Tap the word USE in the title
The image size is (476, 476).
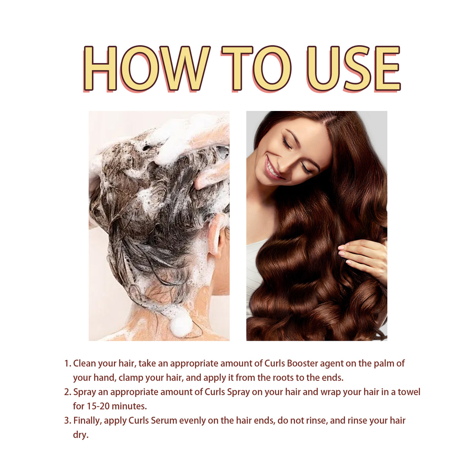pyautogui.click(x=353, y=68)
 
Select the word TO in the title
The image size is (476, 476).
pyautogui.click(x=256, y=68)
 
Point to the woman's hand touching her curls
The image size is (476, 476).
pyautogui.click(x=363, y=257)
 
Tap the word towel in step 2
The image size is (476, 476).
pyautogui.click(x=409, y=392)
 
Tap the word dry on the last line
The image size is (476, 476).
pyautogui.click(x=80, y=435)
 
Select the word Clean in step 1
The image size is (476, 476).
pyautogui.click(x=84, y=363)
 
